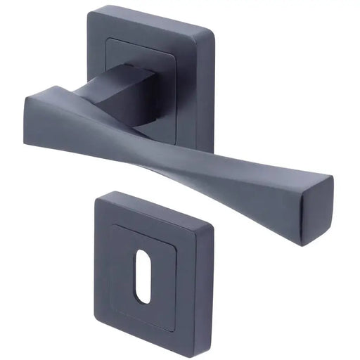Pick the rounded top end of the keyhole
[145, 272]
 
